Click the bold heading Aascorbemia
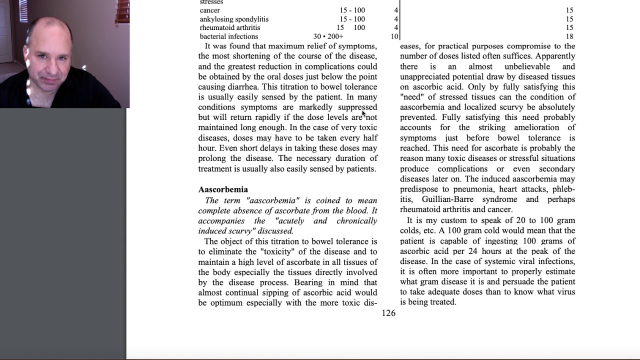click(x=223, y=189)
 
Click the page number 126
click(x=388, y=313)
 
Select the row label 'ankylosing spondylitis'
click(x=234, y=19)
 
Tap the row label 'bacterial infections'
click(x=229, y=36)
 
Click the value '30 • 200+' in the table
click(x=328, y=36)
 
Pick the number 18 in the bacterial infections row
click(x=569, y=36)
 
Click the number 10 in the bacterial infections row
click(x=394, y=36)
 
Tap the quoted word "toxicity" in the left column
click(x=278, y=251)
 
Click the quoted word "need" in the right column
click(x=411, y=97)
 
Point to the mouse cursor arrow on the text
click(x=364, y=113)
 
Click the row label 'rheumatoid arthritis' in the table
click(x=230, y=28)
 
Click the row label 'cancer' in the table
click(x=210, y=10)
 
